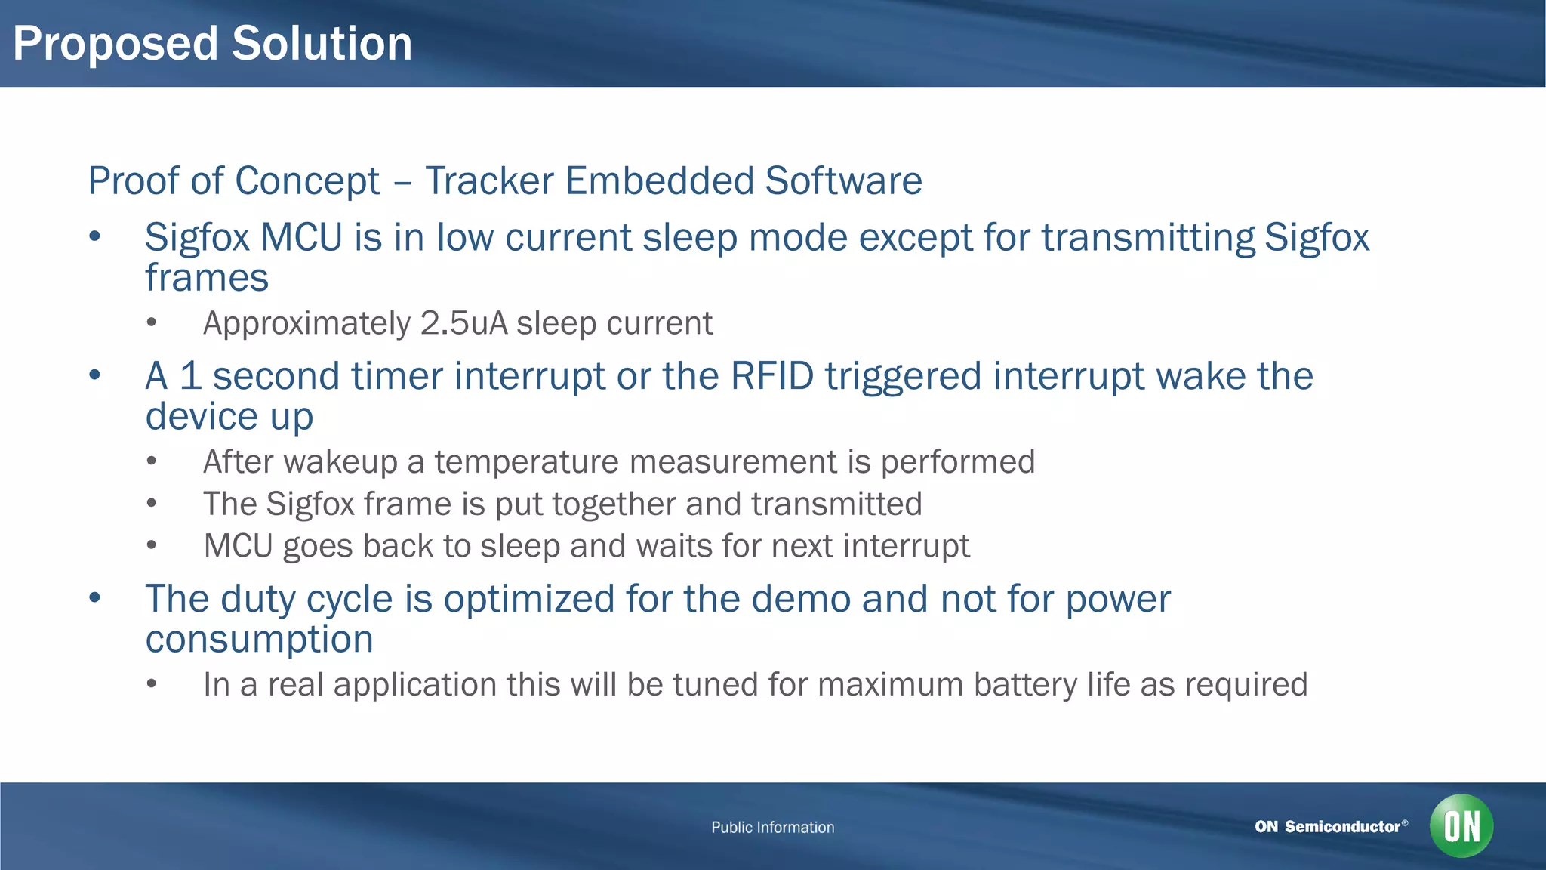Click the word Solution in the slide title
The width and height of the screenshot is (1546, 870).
[322, 44]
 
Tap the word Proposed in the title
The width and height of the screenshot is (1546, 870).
[115, 44]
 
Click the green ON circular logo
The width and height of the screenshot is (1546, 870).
[1461, 825]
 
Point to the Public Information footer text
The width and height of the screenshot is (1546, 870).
[772, 827]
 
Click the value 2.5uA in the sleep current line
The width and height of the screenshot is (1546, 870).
[463, 323]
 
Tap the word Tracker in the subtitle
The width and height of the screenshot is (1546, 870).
[489, 181]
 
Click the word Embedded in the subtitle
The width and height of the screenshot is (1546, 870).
[659, 181]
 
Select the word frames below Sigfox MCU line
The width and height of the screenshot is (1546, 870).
[207, 278]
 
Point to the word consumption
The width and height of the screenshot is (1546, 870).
[259, 640]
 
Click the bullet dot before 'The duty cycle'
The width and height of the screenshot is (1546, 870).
[94, 598]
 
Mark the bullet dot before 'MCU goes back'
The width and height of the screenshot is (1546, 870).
[152, 545]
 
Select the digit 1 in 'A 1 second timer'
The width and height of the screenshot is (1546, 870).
[190, 376]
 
